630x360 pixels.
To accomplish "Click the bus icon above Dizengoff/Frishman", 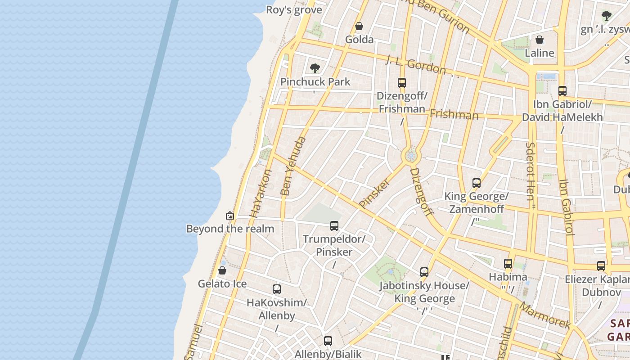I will pos(402,83).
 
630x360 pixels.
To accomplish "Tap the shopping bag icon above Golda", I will pos(359,26).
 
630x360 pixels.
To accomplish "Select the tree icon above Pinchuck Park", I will pos(315,68).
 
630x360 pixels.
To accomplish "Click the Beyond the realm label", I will pos(230,229).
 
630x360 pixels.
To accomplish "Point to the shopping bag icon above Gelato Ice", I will pos(222,270).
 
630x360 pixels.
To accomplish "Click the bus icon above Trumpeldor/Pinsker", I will pos(334,226).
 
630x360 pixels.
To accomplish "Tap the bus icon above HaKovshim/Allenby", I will pos(277,289).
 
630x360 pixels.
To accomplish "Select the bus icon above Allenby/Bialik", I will pos(328,341).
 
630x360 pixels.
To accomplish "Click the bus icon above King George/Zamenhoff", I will pos(477,183).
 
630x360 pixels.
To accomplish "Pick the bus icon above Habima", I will pos(508,264).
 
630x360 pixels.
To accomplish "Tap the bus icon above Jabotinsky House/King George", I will pos(424,272).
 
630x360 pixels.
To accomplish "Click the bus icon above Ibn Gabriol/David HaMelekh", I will pos(562,91).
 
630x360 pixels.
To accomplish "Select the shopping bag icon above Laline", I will pos(540,40).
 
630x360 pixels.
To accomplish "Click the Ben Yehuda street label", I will pos(293,166).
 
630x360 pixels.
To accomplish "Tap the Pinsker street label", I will pos(374,192).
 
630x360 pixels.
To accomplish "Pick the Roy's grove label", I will pos(294,10).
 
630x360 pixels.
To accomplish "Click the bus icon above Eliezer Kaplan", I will pos(601,266).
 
